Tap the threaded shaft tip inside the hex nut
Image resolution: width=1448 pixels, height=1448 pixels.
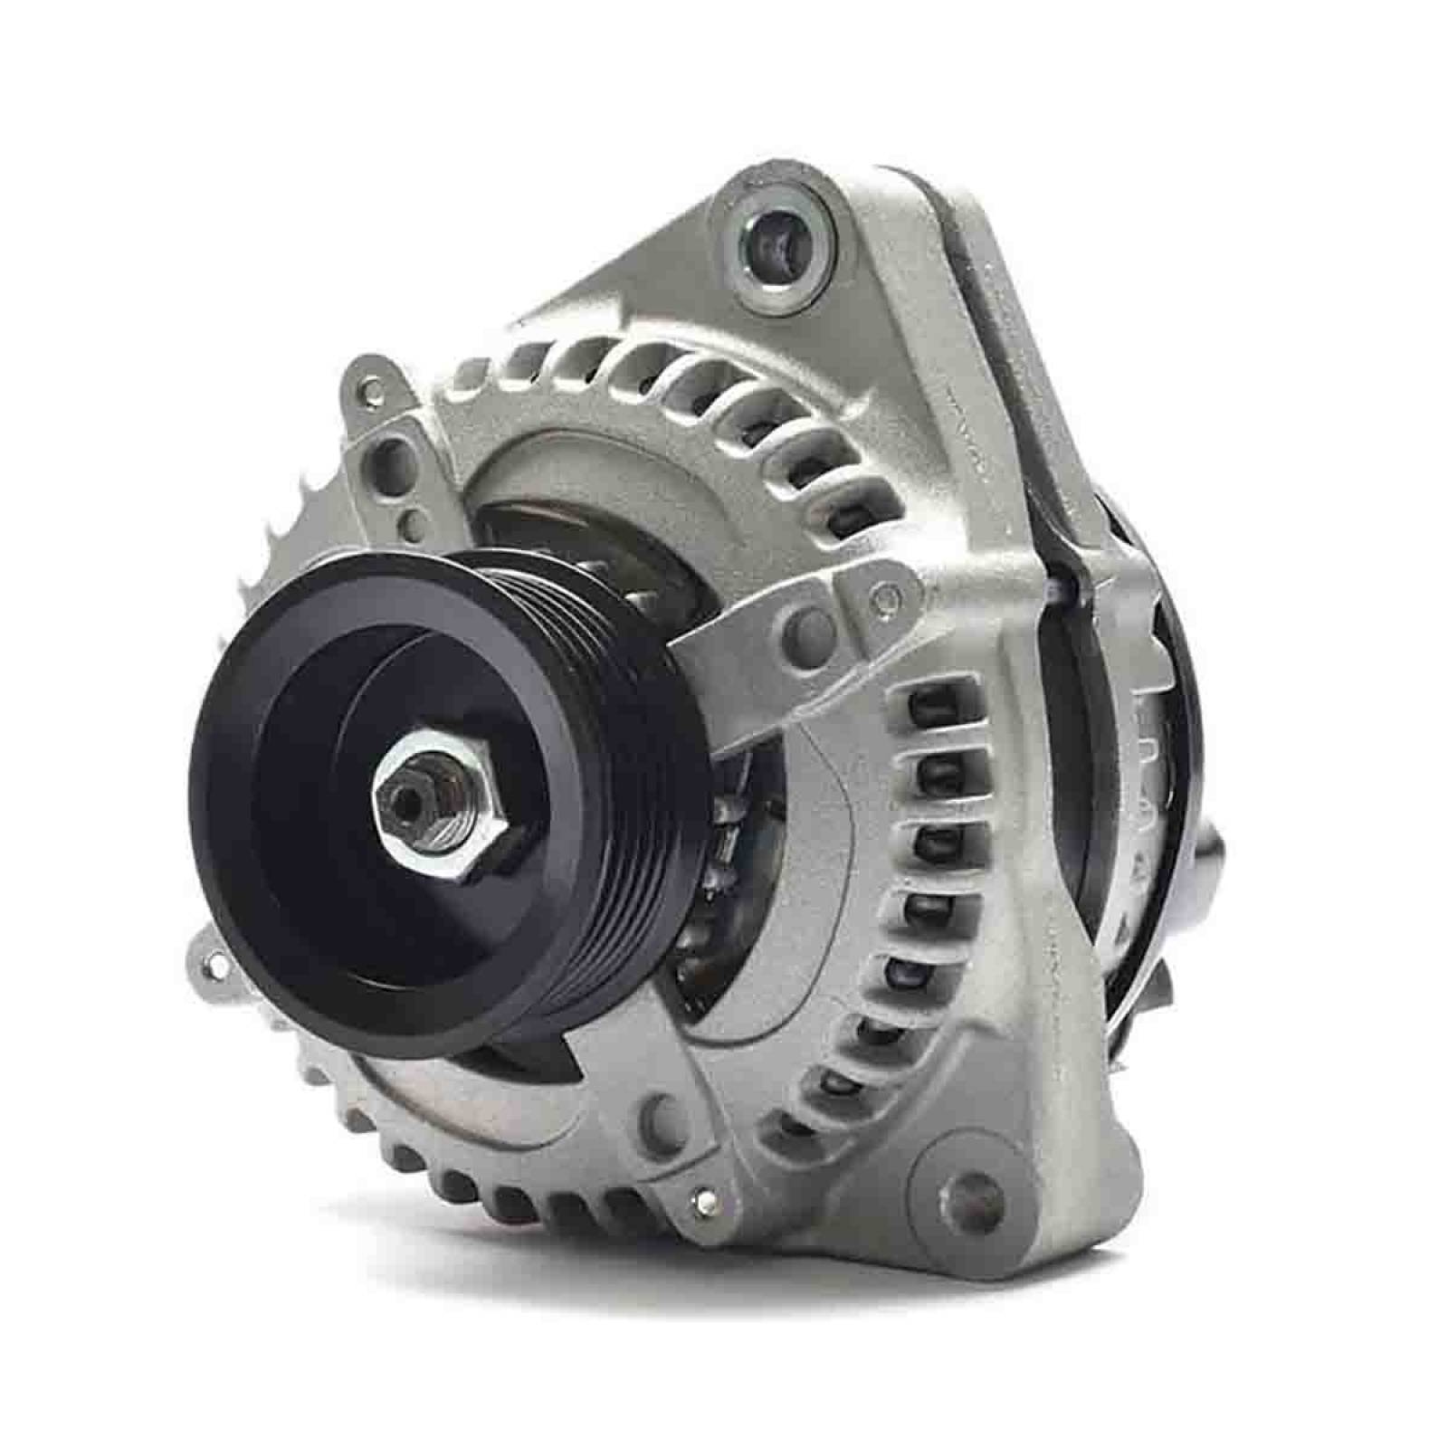[404, 795]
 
